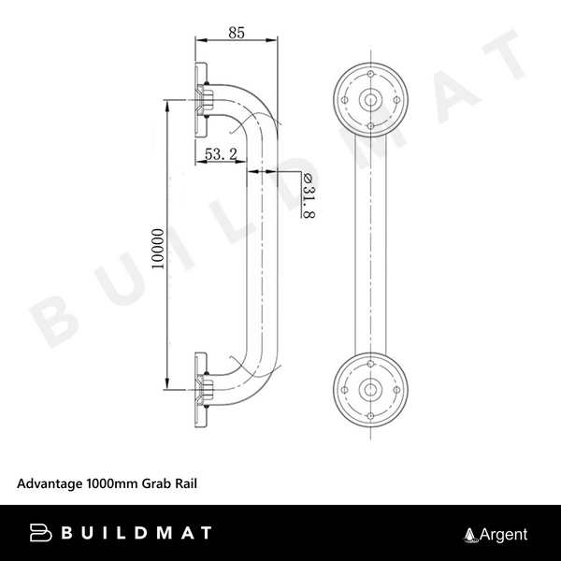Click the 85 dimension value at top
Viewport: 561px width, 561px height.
236,33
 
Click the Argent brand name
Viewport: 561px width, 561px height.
504,535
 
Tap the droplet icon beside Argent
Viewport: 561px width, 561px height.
470,535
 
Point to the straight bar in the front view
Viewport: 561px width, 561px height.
372,243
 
